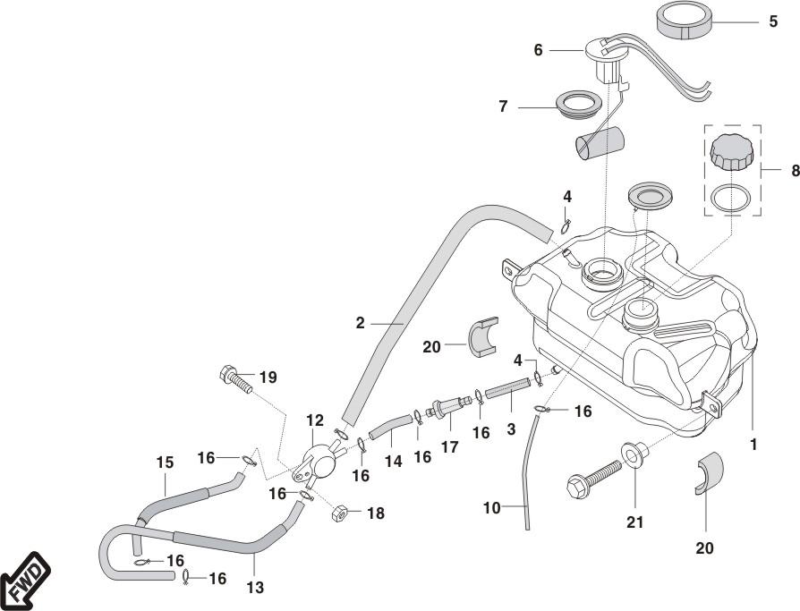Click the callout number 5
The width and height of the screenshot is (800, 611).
point(773,21)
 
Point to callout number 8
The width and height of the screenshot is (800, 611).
point(795,170)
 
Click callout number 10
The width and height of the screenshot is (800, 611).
point(492,509)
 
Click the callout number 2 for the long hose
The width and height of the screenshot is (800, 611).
point(361,323)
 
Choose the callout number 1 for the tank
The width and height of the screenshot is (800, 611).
point(753,444)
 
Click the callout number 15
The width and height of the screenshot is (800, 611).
point(164,462)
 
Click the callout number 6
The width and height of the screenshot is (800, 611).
point(538,50)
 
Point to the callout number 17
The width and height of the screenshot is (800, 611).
point(449,446)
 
